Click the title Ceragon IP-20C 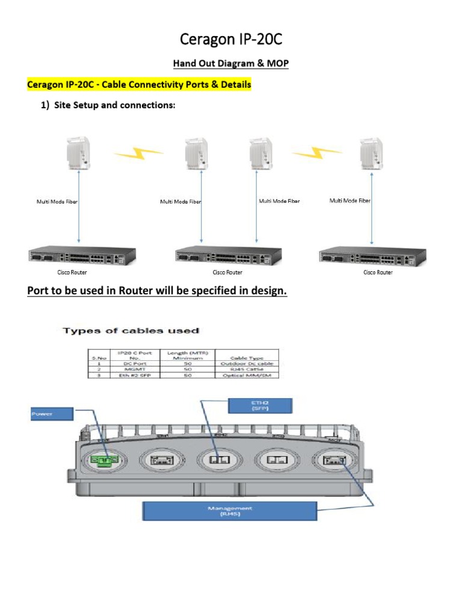point(231,40)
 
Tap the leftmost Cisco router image point(82,256)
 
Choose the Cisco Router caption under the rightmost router point(377,273)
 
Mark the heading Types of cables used point(131,331)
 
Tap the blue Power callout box point(51,414)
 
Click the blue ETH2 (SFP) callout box point(259,406)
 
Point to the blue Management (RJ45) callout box point(229,511)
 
